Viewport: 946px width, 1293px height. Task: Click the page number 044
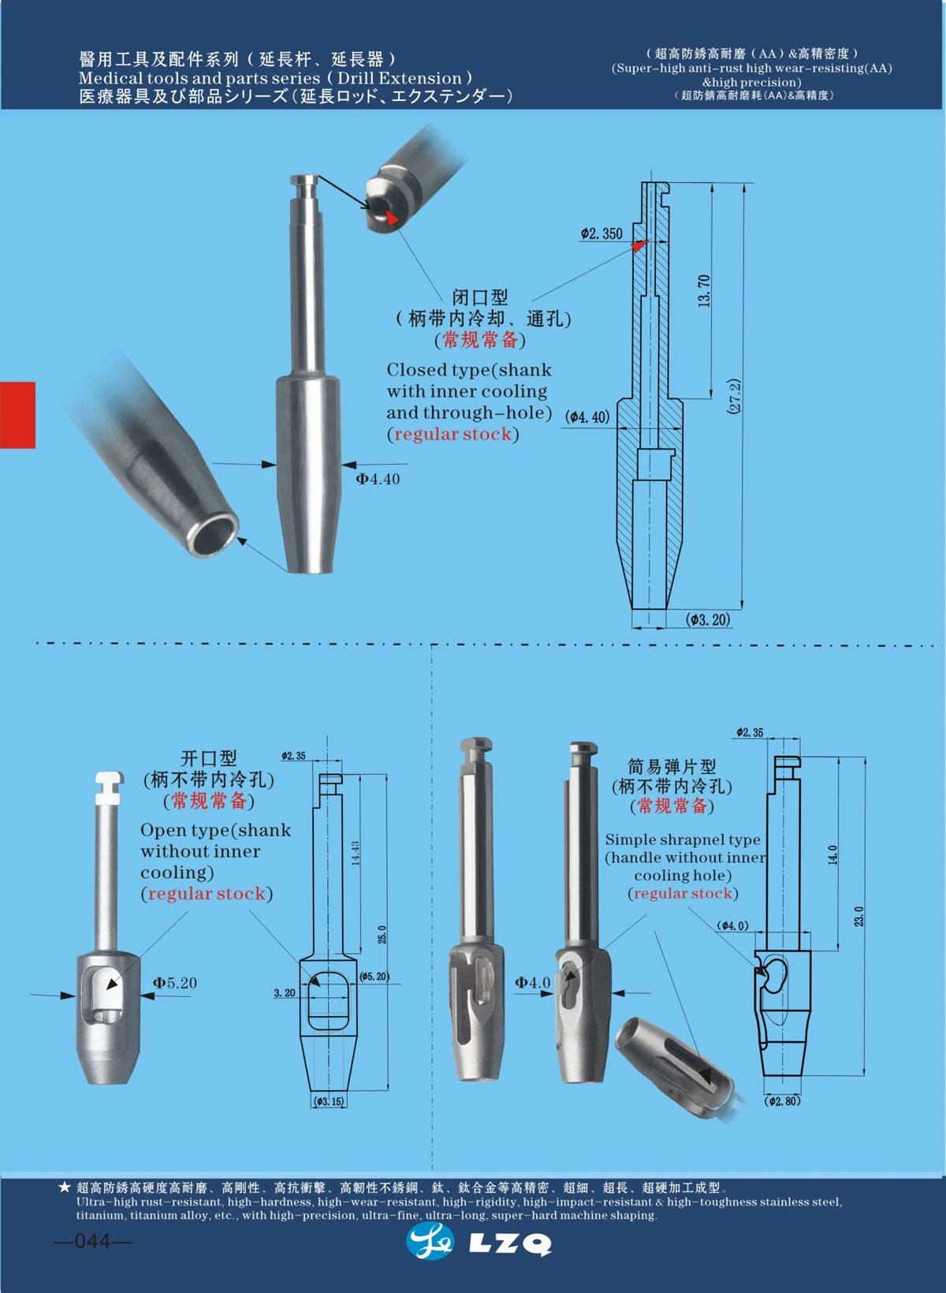92,1241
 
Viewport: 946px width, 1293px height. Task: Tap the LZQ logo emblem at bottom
430,1242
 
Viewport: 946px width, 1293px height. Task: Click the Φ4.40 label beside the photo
378,479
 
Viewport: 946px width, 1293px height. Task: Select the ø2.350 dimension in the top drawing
601,234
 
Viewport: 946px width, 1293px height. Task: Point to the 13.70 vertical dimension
703,290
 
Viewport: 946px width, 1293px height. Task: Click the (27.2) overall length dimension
734,397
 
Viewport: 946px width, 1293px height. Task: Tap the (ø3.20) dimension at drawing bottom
708,619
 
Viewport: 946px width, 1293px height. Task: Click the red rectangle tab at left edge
17,415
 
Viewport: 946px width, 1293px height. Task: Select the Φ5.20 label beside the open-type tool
174,983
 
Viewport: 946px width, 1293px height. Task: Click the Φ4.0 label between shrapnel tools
533,982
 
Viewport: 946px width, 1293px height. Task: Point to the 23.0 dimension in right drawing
858,916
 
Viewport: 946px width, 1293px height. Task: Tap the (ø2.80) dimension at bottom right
783,1101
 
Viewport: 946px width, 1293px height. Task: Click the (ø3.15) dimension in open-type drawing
329,1101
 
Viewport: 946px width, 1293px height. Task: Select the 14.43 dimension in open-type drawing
356,853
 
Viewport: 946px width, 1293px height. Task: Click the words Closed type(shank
468,370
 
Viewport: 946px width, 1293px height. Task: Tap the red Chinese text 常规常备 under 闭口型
480,340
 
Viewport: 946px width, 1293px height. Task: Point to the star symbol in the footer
65,1187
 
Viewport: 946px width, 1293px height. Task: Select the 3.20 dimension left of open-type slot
285,993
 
